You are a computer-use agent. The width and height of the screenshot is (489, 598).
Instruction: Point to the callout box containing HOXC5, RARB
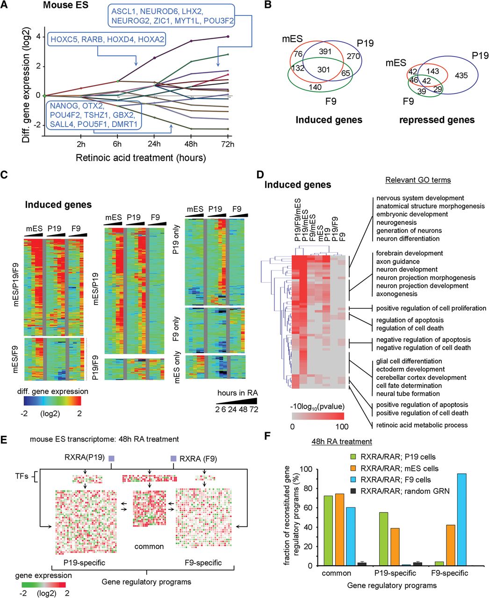[x=107, y=40]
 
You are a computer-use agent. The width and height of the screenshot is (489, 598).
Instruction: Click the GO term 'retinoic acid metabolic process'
[x=422, y=425]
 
